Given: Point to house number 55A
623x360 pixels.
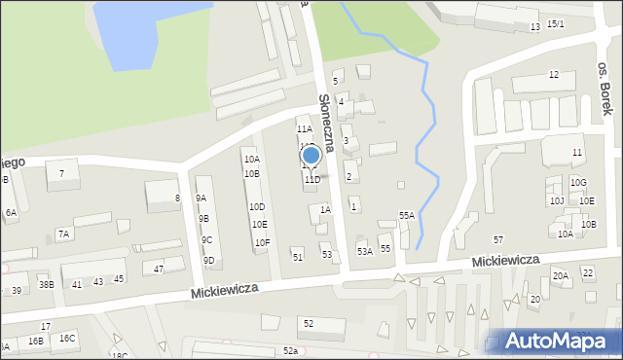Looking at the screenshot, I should (406, 215).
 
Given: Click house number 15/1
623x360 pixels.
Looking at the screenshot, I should (555, 23).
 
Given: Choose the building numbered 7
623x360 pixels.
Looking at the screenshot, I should (62, 174).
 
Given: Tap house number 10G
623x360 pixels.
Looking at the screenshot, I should (578, 182).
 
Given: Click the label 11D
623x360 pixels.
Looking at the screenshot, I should (311, 180).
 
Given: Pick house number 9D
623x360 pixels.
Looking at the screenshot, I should (208, 260).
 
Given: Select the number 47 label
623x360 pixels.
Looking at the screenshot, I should (159, 269).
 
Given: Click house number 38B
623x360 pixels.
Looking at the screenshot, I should (46, 285).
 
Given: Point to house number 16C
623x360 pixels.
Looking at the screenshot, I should (66, 338).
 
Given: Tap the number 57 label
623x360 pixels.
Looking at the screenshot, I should (498, 239).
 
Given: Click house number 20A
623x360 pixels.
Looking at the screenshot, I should (561, 276).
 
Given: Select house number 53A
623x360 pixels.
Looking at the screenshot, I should (364, 251).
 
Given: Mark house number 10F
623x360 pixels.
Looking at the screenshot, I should (262, 242).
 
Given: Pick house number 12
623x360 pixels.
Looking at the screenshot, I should (553, 75).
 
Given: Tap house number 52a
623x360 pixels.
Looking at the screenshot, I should (290, 350).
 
